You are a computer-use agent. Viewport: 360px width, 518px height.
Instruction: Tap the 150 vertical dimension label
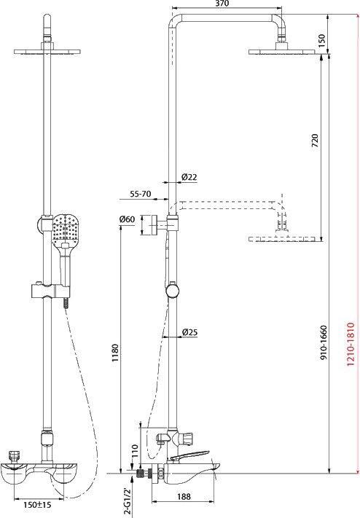tap(321, 39)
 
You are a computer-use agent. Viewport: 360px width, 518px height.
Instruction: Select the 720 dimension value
tap(314, 141)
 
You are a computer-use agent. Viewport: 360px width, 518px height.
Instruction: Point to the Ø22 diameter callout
tap(189, 177)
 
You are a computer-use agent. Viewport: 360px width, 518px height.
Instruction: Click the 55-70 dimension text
tap(140, 194)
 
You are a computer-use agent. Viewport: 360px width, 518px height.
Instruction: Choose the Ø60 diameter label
tap(127, 219)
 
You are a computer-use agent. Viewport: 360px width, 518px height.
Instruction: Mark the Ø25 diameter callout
tap(189, 332)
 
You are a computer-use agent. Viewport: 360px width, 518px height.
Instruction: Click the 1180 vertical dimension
tap(114, 353)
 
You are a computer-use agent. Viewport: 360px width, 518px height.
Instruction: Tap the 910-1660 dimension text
tap(323, 343)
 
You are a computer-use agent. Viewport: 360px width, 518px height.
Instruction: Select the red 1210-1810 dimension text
tap(351, 344)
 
